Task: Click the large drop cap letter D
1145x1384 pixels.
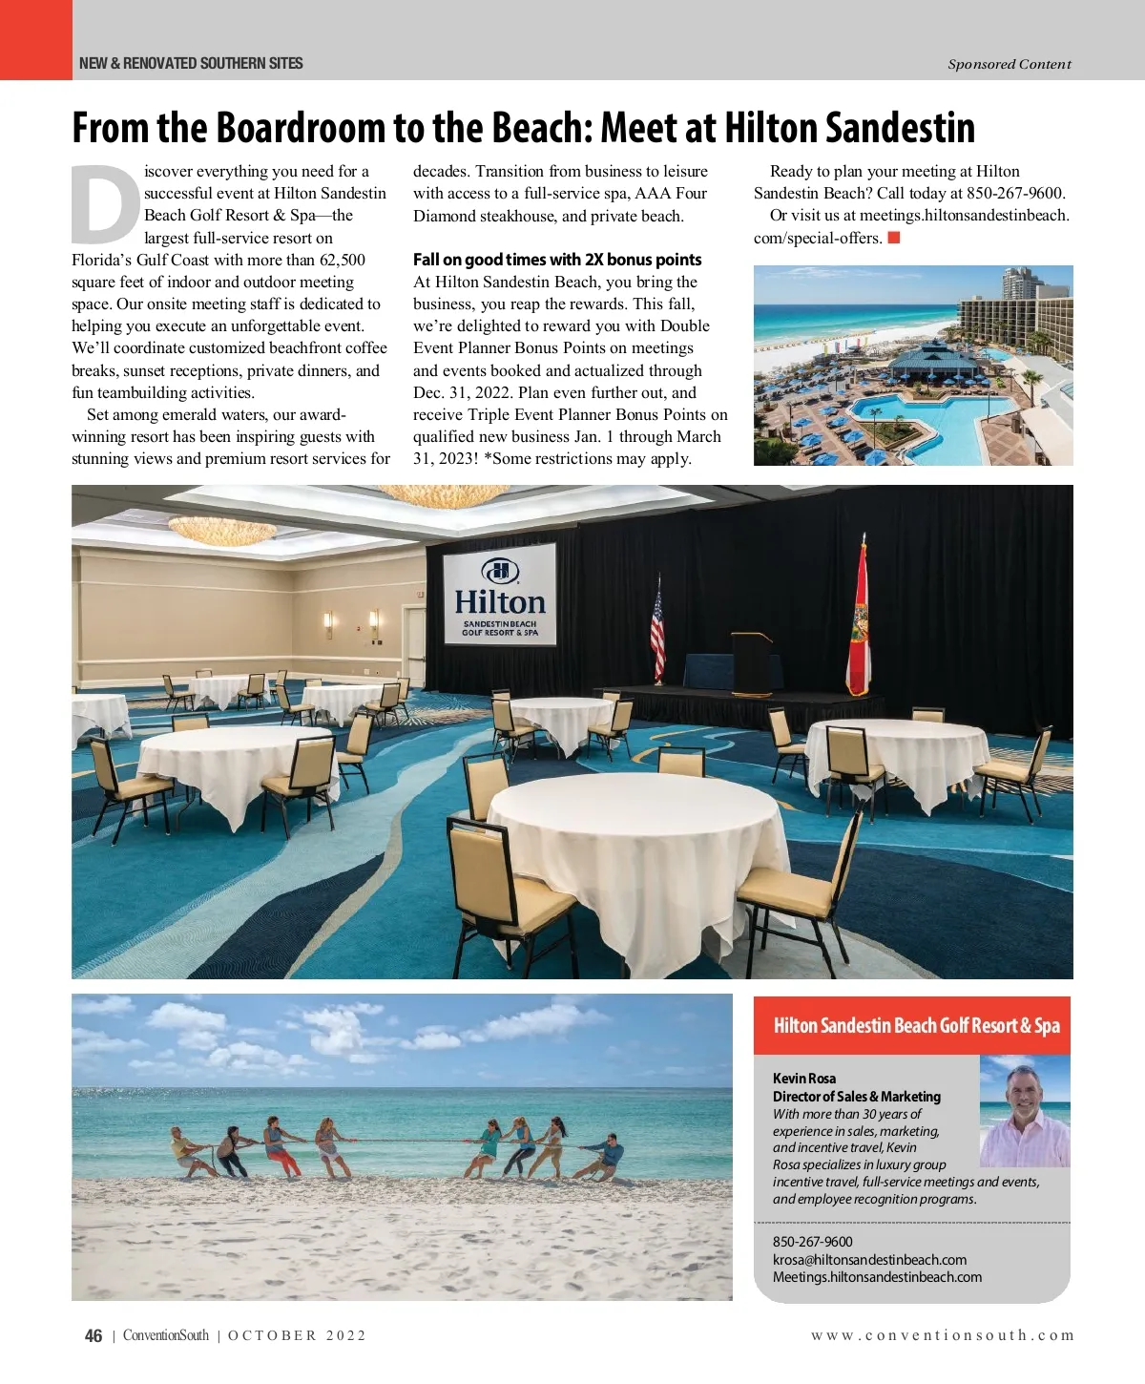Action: coord(105,204)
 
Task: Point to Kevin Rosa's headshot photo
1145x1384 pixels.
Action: coord(1024,1112)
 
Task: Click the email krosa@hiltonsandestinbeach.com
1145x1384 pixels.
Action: coord(869,1260)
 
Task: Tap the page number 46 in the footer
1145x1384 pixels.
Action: coord(94,1336)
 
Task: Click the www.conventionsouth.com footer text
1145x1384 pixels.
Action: coord(943,1335)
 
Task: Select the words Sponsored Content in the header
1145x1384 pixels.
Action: coord(1010,64)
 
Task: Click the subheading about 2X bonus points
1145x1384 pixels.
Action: coord(557,260)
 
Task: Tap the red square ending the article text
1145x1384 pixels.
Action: coord(894,238)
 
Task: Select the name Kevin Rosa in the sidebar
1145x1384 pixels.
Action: coord(804,1079)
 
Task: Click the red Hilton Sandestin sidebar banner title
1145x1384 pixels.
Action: coord(916,1026)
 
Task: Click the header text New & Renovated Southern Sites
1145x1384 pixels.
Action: coord(191,64)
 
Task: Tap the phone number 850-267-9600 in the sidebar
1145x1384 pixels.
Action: coord(813,1242)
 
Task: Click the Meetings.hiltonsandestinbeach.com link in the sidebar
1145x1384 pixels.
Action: coord(877,1277)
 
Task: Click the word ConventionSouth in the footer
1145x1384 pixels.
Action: coord(166,1335)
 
